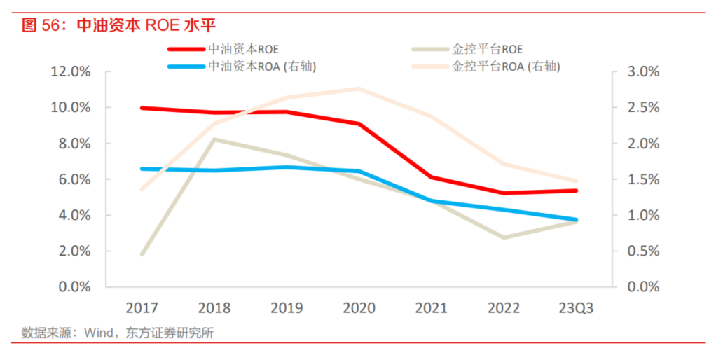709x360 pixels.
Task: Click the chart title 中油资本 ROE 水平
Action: [x=119, y=26]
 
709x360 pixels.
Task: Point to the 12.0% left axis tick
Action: [x=71, y=71]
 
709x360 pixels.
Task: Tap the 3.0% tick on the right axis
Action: [x=642, y=71]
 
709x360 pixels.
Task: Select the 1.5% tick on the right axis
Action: [x=642, y=179]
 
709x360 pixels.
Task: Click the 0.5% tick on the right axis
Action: [x=642, y=251]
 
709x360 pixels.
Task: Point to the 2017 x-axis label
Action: [x=142, y=308]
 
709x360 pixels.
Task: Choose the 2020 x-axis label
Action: [x=359, y=308]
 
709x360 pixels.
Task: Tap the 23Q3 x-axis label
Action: [x=575, y=308]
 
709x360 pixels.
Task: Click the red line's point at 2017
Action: [x=142, y=108]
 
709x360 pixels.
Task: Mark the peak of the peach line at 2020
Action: [x=359, y=89]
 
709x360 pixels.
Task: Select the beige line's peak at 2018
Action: [x=214, y=139]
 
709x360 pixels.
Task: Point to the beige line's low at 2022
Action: [x=503, y=237]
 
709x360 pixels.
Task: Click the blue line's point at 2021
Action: [x=431, y=201]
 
